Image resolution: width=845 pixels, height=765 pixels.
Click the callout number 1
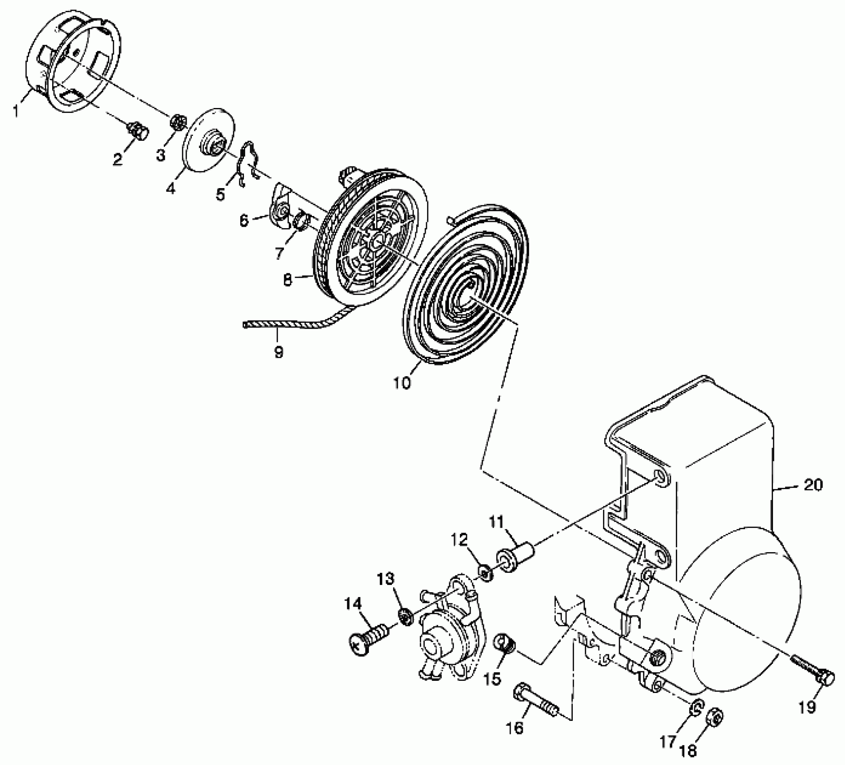click(x=16, y=111)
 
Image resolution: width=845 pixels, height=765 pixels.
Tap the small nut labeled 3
click(x=176, y=122)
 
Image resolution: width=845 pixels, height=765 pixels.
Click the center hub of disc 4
click(x=214, y=140)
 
